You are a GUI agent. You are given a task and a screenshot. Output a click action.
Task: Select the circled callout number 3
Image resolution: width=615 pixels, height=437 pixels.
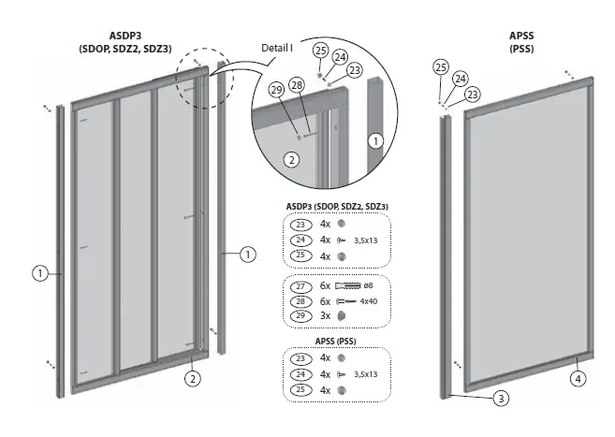501,398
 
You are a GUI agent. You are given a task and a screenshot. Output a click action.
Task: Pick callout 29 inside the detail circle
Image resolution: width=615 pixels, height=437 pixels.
275,89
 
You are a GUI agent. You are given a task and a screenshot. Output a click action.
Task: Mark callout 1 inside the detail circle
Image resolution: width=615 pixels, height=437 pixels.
374,141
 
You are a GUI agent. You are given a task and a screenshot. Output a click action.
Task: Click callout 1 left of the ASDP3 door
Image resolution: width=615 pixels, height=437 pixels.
40,273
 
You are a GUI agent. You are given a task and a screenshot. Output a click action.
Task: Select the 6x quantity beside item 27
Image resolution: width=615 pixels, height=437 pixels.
326,284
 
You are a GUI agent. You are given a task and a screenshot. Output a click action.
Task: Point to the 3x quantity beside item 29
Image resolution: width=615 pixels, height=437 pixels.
326,317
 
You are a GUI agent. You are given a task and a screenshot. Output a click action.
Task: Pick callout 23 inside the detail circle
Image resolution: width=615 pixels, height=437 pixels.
355,69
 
